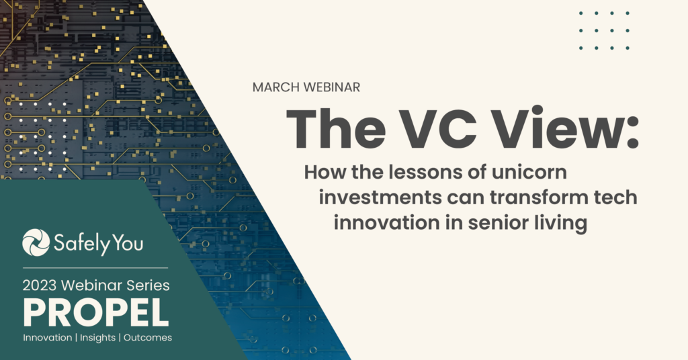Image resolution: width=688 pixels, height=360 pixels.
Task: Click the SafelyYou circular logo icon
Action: [x=36, y=242]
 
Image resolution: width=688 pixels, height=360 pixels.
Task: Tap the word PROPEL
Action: [x=96, y=312]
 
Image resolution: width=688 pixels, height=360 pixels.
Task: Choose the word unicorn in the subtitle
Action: [x=529, y=172]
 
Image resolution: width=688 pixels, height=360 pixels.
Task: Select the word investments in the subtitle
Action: [x=380, y=197]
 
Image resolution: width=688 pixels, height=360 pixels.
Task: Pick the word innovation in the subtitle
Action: [x=386, y=223]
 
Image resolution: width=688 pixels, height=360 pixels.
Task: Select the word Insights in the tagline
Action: [x=97, y=338]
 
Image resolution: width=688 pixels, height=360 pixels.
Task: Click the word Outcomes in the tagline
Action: [x=148, y=338]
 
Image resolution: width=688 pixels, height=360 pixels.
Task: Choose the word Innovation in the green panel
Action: [x=48, y=338]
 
